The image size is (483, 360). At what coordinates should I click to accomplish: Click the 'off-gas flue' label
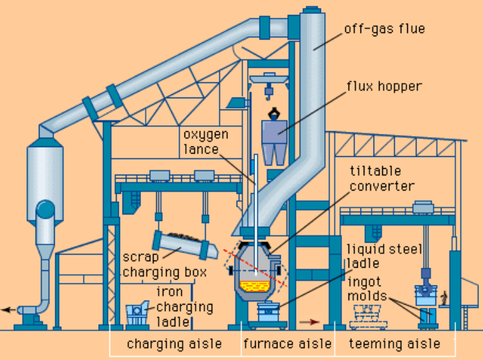click(385, 29)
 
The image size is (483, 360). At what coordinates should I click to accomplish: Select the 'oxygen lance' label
click(206, 142)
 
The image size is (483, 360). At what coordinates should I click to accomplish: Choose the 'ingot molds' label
click(368, 288)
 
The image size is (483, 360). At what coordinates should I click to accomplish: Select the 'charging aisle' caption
click(174, 344)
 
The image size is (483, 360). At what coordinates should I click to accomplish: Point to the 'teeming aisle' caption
click(395, 344)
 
